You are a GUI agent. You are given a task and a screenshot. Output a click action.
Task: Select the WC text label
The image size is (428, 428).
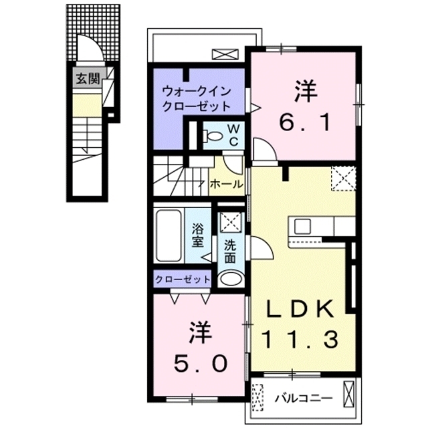coord(236,135)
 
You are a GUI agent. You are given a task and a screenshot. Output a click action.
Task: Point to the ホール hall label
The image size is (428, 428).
coord(226,184)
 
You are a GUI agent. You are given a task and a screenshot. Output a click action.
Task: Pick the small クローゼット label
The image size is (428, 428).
coord(183,279)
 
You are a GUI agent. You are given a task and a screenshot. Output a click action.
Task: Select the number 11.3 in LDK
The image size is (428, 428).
coord(300,340)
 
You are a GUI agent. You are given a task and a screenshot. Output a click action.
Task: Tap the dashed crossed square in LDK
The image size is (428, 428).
coord(343,178)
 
